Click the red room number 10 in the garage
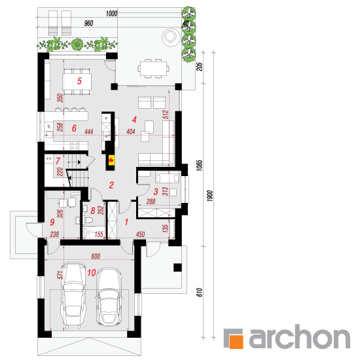[x=92, y=272]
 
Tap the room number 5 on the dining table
[x=79, y=81]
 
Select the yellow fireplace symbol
[x=111, y=160]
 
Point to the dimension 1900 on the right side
[x=210, y=196]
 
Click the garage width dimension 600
[x=96, y=256]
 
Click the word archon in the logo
[x=300, y=336]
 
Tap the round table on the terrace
[x=170, y=37]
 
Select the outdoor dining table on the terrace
[x=153, y=69]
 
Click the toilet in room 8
[x=89, y=221]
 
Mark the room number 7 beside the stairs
[x=58, y=161]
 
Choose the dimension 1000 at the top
[x=111, y=14]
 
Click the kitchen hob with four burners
[x=75, y=145]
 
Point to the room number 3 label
[x=156, y=192]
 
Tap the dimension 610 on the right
[x=199, y=292]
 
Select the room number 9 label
[x=52, y=222]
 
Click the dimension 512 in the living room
[x=166, y=115]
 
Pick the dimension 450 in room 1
[x=140, y=234]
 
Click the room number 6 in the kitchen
[x=74, y=128]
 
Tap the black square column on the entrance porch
[x=177, y=268]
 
